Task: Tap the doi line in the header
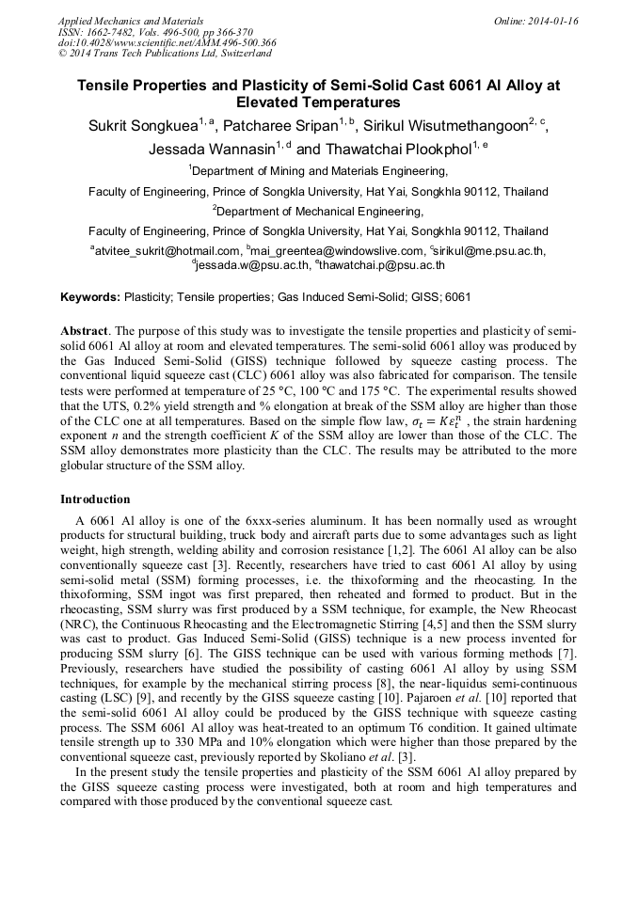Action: point(167,43)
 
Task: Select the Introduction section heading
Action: point(95,499)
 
